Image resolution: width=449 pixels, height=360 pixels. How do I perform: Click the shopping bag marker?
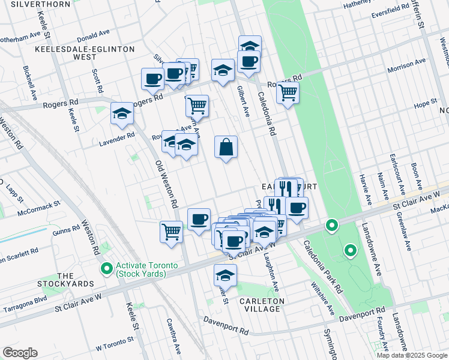click(226, 147)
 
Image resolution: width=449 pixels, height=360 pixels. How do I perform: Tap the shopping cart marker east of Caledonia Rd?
click(288, 93)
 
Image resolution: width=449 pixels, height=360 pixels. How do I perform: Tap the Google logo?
click(20, 353)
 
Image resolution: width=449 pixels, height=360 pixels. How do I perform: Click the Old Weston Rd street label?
click(167, 185)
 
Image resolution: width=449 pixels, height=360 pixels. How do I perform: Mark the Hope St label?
click(424, 104)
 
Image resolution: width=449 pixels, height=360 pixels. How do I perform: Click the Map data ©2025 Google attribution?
click(411, 355)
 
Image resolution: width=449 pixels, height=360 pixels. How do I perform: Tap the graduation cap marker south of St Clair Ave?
click(226, 275)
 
